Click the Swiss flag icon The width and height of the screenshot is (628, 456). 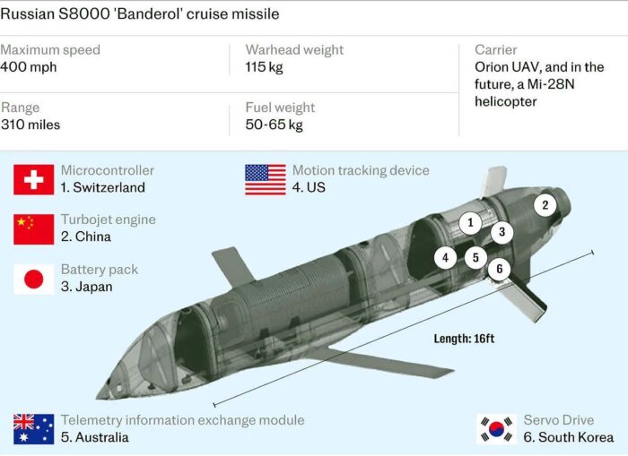pyautogui.click(x=34, y=179)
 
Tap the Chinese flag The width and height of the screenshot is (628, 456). pyautogui.click(x=34, y=229)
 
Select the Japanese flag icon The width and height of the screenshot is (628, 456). pyautogui.click(x=34, y=280)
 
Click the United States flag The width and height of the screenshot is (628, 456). pyautogui.click(x=266, y=179)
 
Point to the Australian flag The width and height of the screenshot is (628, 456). pyautogui.click(x=34, y=429)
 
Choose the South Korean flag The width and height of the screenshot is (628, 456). pyautogui.click(x=497, y=429)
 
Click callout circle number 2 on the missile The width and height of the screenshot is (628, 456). pyautogui.click(x=545, y=205)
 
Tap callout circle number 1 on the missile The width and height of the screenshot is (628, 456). pyautogui.click(x=471, y=222)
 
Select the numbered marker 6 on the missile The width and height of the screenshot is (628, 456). pyautogui.click(x=500, y=269)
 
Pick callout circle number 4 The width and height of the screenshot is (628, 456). pyautogui.click(x=445, y=258)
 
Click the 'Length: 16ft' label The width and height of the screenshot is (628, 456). pyautogui.click(x=464, y=339)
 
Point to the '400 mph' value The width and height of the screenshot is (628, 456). pyautogui.click(x=29, y=67)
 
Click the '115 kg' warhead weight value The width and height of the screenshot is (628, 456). pyautogui.click(x=264, y=67)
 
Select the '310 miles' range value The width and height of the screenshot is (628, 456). pyautogui.click(x=31, y=125)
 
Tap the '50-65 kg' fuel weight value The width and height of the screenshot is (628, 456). pyautogui.click(x=274, y=125)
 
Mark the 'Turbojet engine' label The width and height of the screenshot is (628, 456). pyautogui.click(x=109, y=219)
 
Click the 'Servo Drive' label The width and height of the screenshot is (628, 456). pyautogui.click(x=559, y=420)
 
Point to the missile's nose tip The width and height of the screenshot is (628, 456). pyautogui.click(x=98, y=397)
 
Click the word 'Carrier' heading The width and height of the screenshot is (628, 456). pyautogui.click(x=496, y=49)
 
